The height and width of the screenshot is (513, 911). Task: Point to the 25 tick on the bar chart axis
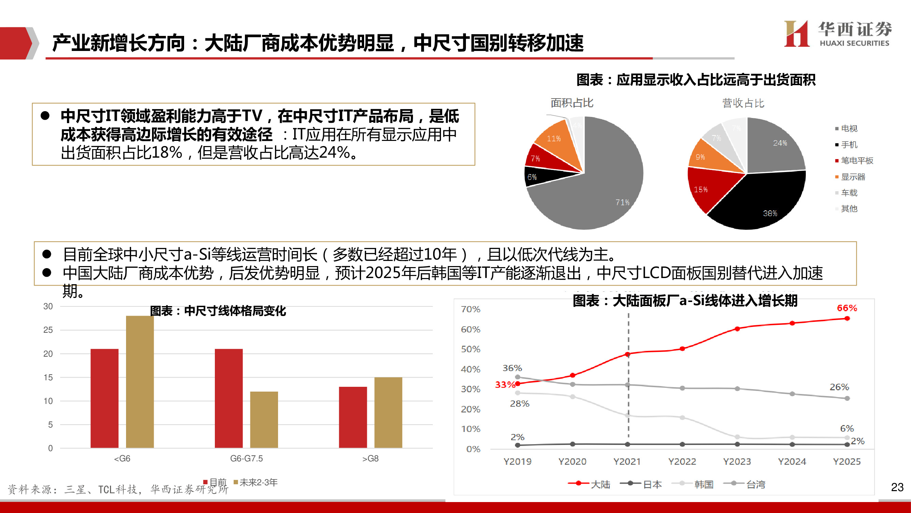(48, 330)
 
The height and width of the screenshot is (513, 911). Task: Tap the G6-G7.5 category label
(247, 459)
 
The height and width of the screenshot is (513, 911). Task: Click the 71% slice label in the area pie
(622, 202)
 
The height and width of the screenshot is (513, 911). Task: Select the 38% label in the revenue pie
(770, 213)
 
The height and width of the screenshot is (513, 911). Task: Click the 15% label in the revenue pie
(701, 189)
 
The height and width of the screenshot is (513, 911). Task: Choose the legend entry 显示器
(853, 177)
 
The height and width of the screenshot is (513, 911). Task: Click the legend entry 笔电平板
(857, 160)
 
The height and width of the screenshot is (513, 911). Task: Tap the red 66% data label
(847, 308)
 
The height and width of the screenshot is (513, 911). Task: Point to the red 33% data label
(505, 384)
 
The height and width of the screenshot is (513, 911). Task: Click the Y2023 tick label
(737, 461)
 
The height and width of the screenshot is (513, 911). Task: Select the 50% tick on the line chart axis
(470, 349)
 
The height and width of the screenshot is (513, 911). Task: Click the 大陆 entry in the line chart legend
(600, 484)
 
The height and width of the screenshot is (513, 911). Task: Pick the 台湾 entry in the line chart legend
(755, 484)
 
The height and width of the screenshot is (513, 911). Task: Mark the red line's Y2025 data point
(847, 318)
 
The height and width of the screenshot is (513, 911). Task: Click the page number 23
(897, 487)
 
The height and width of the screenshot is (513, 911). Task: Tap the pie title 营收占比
(743, 103)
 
